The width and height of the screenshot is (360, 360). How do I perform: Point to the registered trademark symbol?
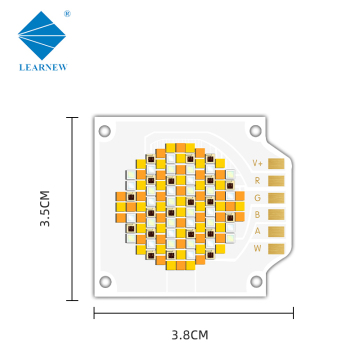tap(66, 15)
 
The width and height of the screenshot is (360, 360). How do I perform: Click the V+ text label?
tap(257, 163)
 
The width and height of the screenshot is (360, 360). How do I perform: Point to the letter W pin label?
tap(257, 248)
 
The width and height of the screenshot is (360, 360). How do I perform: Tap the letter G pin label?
tap(257, 197)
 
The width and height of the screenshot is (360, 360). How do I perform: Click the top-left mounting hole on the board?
tap(104, 129)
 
